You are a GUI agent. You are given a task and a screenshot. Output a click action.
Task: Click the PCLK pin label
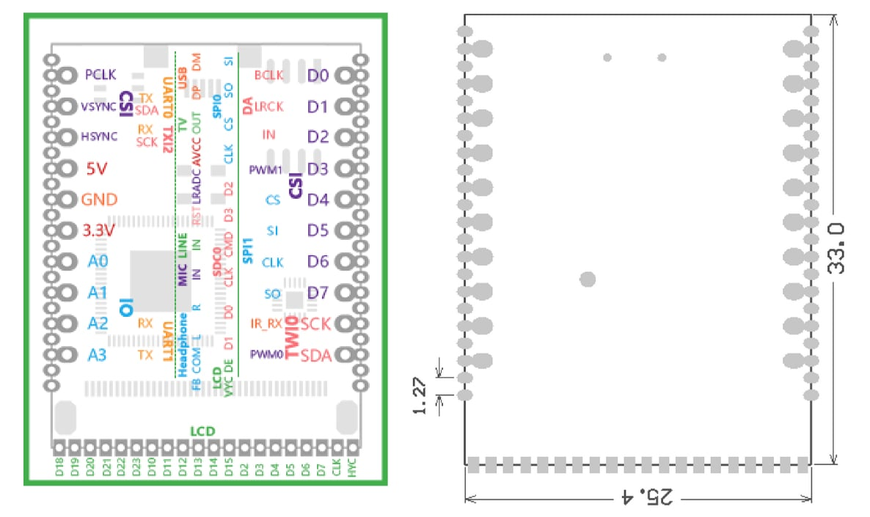100,75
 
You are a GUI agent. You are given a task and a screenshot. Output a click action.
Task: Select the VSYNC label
98,106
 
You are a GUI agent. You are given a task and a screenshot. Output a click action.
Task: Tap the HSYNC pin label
99,136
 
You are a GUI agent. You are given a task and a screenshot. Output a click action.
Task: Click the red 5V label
97,169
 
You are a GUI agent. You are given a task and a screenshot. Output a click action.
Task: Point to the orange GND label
99,199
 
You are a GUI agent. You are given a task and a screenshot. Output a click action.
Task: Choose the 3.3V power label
99,230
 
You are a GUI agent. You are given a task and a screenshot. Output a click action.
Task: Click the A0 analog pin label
98,261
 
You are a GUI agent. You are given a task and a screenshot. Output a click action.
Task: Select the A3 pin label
98,355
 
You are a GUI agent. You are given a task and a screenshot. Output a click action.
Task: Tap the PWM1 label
266,169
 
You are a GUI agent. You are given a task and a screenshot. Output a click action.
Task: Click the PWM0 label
266,355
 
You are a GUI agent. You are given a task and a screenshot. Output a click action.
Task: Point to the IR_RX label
266,323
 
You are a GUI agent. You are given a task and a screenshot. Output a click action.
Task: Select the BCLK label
268,75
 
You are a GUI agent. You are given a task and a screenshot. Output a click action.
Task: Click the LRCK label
268,107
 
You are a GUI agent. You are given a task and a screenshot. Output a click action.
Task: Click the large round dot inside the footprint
588,279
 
